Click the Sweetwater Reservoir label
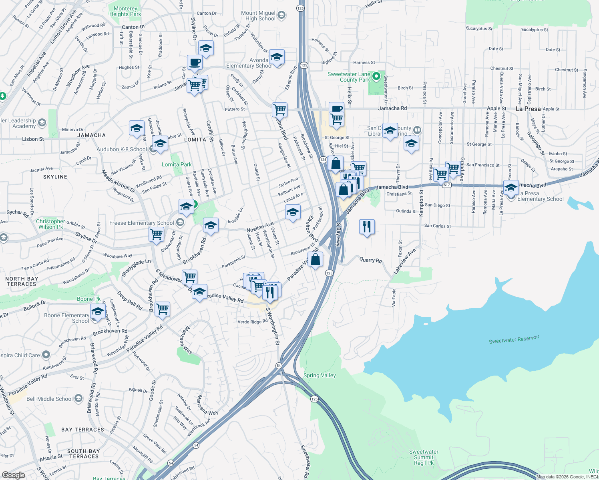point(514,339)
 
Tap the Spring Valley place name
point(320,375)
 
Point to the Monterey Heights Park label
point(125,11)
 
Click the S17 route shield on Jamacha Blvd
point(447,185)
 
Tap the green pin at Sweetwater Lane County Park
point(376,76)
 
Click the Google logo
point(13,475)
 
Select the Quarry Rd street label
point(371,260)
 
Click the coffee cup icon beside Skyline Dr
point(195,63)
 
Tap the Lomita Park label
point(177,164)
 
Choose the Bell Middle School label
point(50,399)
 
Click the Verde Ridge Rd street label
point(252,322)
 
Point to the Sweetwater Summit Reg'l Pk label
point(424,457)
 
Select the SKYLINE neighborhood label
point(55,177)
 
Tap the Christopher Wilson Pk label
point(50,224)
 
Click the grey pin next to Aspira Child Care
point(46,355)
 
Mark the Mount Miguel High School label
point(258,16)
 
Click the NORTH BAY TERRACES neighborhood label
point(22,281)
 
